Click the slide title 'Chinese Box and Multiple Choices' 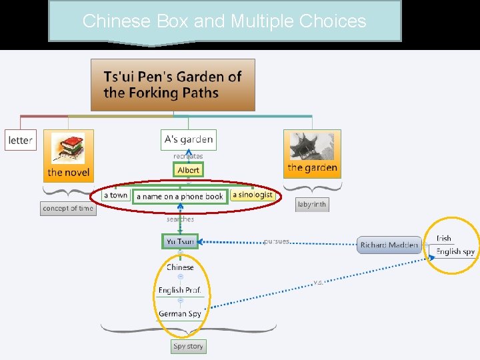[x=224, y=21]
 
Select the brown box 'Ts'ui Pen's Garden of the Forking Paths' [x=173, y=85]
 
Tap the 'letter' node [x=20, y=140]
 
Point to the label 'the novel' [x=68, y=173]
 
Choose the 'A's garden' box [x=189, y=139]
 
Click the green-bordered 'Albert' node [x=189, y=170]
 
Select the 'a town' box [x=116, y=195]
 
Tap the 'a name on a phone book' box [x=180, y=197]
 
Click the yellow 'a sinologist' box [x=253, y=195]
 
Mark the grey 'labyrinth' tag [x=312, y=205]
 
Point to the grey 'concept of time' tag [x=68, y=209]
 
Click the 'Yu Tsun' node [x=180, y=241]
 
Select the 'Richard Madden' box [x=389, y=245]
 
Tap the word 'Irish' [x=444, y=238]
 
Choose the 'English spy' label [x=455, y=252]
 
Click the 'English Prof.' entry [x=179, y=290]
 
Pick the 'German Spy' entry [x=180, y=313]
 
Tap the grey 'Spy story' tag [x=188, y=346]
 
